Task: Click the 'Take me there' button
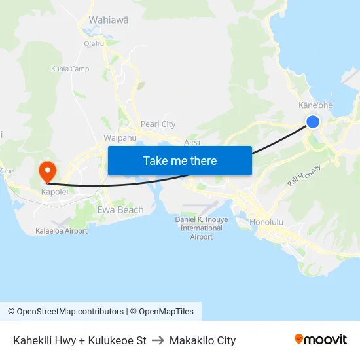pyautogui.click(x=180, y=160)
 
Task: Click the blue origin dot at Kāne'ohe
pyautogui.click(x=313, y=121)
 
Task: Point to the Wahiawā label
pyautogui.click(x=109, y=20)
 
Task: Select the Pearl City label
pyautogui.click(x=158, y=124)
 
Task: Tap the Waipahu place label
pyautogui.click(x=120, y=138)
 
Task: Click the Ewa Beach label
pyautogui.click(x=120, y=210)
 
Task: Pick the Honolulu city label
pyautogui.click(x=267, y=222)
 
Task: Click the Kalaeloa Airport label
pyautogui.click(x=62, y=231)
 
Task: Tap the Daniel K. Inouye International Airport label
pyautogui.click(x=202, y=228)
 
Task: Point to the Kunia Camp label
pyautogui.click(x=70, y=69)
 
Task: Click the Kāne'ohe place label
pyautogui.click(x=315, y=105)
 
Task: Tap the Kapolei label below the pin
pyautogui.click(x=54, y=193)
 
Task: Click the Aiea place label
pyautogui.click(x=192, y=142)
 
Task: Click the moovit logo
pyautogui.click(x=321, y=339)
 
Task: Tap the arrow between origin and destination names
pyautogui.click(x=158, y=340)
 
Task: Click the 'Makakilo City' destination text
pyautogui.click(x=202, y=340)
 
